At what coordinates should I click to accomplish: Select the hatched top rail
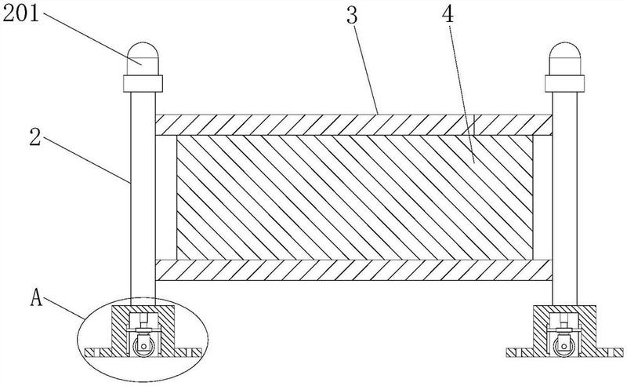coord(353,124)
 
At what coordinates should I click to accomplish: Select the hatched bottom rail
coord(353,270)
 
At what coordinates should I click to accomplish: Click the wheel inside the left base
coord(143,346)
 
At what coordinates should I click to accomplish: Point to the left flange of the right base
coord(521,351)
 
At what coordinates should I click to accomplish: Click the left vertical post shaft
coord(142,196)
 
